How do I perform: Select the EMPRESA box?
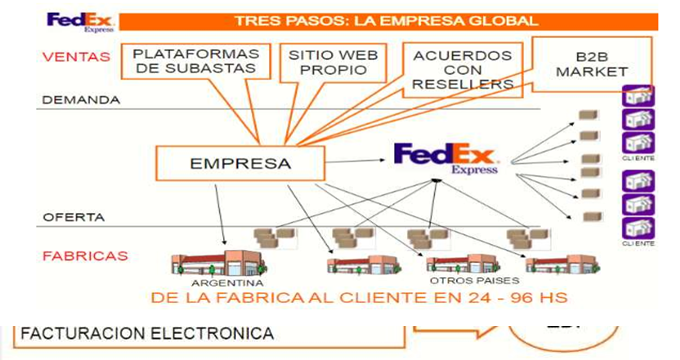(240, 163)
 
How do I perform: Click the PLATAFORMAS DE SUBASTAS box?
(195, 60)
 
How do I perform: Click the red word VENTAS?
(76, 57)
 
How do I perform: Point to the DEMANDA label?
(81, 100)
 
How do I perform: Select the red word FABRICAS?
(85, 256)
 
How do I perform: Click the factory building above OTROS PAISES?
(461, 264)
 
